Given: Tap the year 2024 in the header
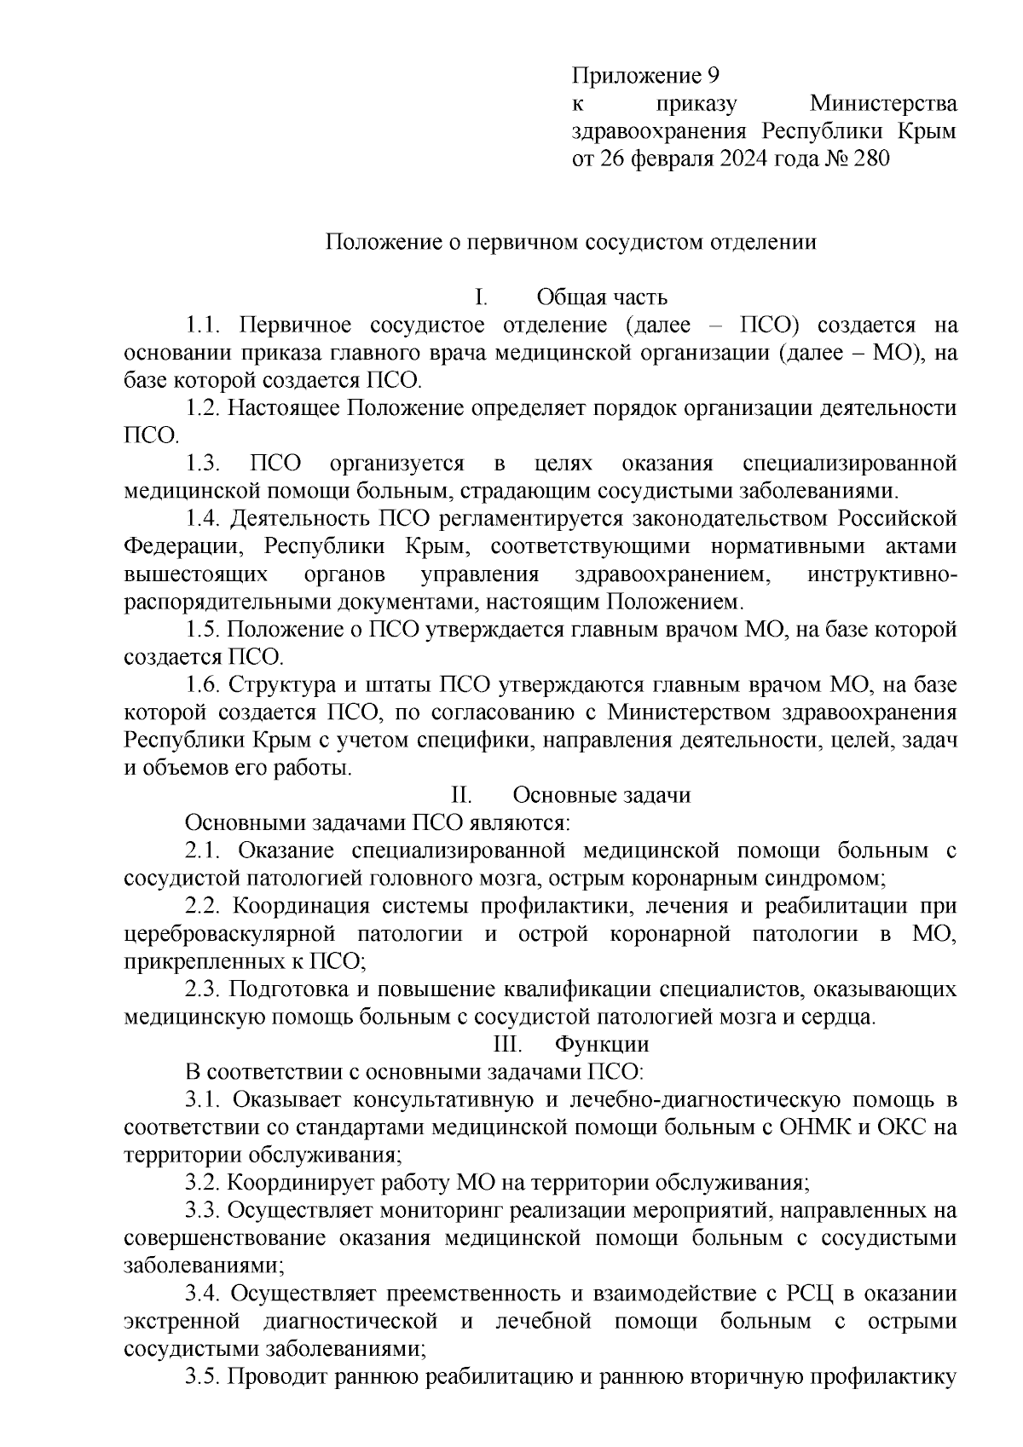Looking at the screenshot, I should click(x=743, y=159).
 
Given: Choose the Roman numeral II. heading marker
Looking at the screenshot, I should click(x=461, y=796).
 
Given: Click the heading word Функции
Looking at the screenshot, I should click(x=602, y=1045).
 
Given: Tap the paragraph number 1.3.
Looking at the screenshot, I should click(x=204, y=464).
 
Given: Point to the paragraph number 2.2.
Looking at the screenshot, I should click(x=203, y=906).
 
